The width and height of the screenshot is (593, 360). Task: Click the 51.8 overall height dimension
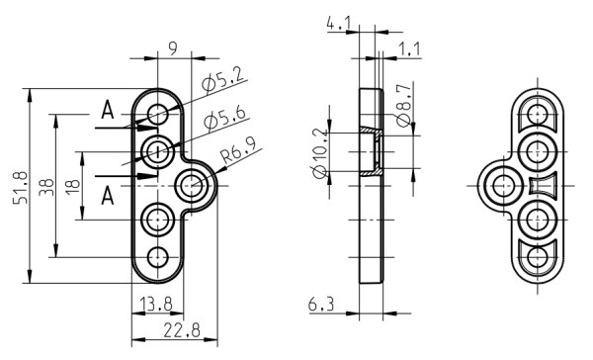(x=20, y=188)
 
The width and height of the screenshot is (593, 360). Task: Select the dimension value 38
(x=46, y=187)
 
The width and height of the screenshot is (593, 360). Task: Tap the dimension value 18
(x=72, y=184)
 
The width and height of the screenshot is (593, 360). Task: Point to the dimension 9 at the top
(x=172, y=48)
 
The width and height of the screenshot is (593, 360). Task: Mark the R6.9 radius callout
(x=239, y=150)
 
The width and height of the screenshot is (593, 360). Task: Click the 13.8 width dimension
(x=156, y=304)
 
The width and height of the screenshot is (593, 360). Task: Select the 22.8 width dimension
(x=182, y=330)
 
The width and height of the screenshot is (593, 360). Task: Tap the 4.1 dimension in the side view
(x=339, y=24)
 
